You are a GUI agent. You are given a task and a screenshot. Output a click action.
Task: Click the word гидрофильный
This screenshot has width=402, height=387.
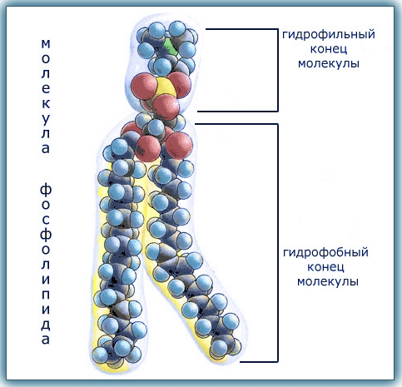(x=329, y=35)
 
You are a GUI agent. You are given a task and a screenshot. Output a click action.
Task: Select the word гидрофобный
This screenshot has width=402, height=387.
(x=325, y=253)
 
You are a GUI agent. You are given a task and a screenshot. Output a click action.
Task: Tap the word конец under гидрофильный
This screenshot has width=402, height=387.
(x=329, y=49)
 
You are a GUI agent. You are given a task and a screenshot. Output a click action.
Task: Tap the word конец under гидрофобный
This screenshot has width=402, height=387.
(x=326, y=267)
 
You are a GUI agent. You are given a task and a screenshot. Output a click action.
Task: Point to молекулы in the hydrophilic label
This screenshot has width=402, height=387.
(x=329, y=64)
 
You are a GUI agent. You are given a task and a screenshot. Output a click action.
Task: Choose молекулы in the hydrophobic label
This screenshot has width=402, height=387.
(x=328, y=281)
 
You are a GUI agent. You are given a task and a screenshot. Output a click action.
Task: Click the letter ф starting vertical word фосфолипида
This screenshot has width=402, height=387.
(x=46, y=190)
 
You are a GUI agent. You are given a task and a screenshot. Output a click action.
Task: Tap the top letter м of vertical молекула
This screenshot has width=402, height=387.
(x=46, y=44)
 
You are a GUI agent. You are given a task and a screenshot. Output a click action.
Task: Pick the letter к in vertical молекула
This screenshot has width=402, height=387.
(x=46, y=104)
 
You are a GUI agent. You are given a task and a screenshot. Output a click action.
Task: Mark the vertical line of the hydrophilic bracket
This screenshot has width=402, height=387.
(x=278, y=70)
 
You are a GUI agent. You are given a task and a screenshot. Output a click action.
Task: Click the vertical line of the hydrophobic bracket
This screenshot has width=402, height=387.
(x=277, y=243)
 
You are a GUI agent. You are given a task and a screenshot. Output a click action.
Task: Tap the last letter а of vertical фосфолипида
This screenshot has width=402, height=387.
(x=46, y=340)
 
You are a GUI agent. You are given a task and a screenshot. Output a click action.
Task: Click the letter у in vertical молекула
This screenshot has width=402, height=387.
(x=46, y=119)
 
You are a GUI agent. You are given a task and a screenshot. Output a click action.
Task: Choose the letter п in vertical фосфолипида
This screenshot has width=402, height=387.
(x=46, y=295)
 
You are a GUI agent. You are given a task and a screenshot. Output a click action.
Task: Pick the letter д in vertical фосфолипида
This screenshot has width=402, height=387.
(x=46, y=325)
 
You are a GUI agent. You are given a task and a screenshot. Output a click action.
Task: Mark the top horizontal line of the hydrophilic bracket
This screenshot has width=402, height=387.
(x=241, y=29)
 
